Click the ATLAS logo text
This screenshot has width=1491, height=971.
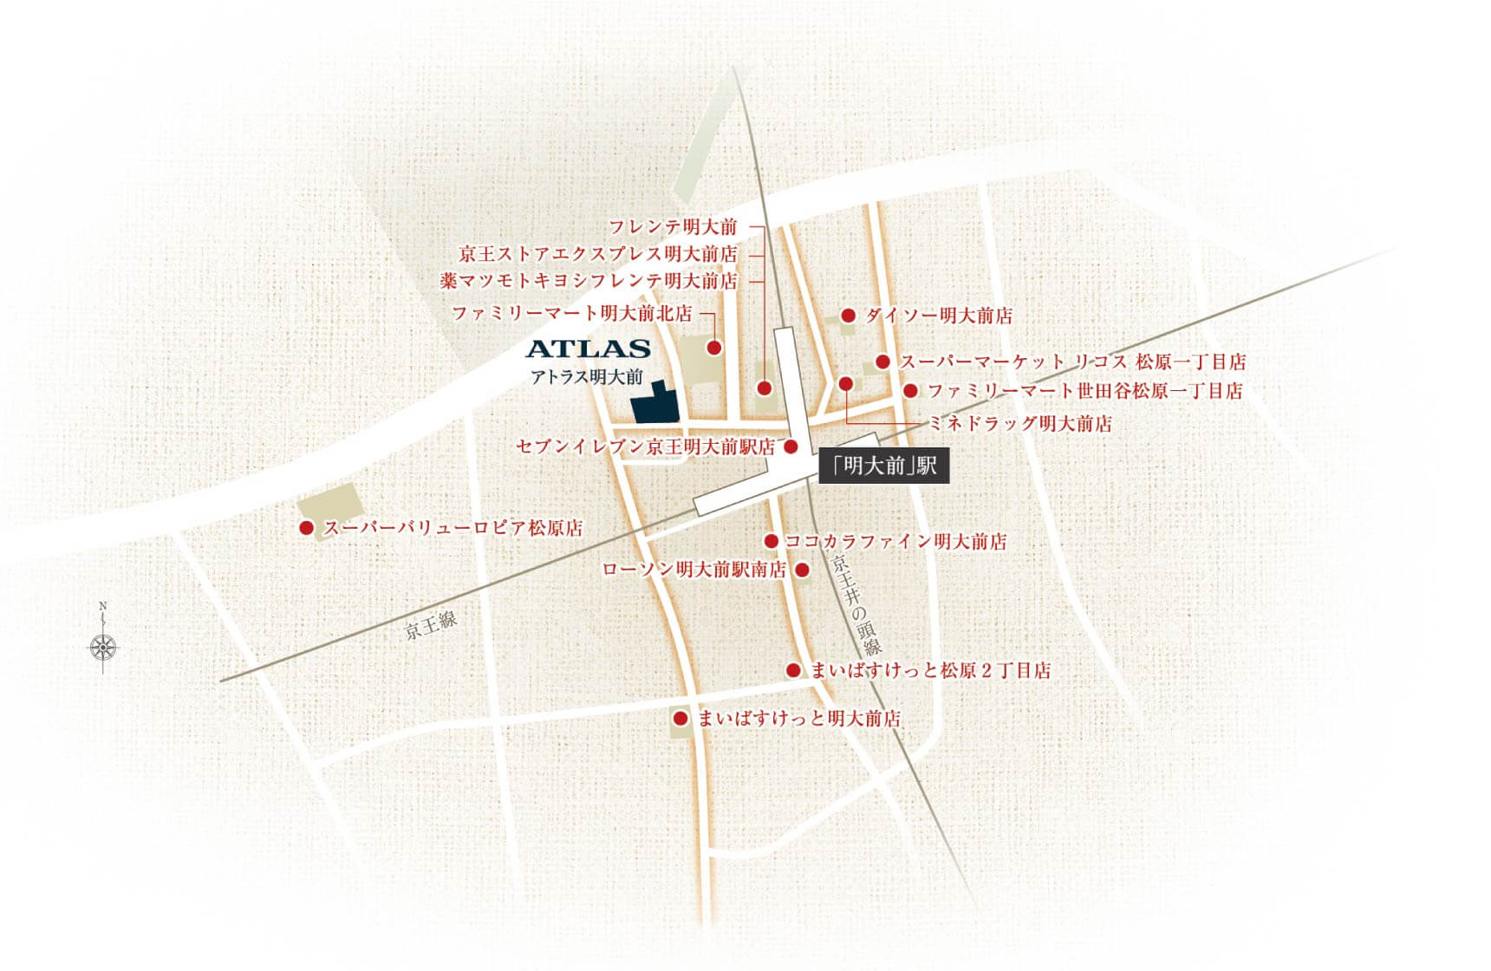pos(588,349)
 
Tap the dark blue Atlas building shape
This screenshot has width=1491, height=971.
pos(654,404)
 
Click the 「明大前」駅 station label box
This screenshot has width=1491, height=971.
pos(883,466)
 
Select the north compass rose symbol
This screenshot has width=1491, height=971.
pos(103,646)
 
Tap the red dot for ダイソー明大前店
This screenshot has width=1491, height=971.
pos(848,316)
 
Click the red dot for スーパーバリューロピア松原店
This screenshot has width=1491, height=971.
pos(306,527)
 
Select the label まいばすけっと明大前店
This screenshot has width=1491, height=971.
pos(799,718)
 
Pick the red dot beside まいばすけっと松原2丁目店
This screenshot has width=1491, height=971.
pos(792,670)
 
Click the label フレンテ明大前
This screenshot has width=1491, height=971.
pos(672,227)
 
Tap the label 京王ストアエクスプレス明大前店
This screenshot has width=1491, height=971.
pos(598,255)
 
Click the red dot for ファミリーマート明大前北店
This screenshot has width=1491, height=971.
pos(713,348)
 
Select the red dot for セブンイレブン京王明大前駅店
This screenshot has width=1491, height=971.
pos(791,446)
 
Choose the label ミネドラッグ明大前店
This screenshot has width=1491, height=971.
pos(1019,423)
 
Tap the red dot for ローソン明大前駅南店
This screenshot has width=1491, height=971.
pos(802,570)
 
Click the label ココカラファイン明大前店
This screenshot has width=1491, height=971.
pos(895,542)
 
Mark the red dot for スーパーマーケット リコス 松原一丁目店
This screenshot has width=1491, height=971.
pos(882,362)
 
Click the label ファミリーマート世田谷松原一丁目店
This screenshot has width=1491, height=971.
pos(1084,391)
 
